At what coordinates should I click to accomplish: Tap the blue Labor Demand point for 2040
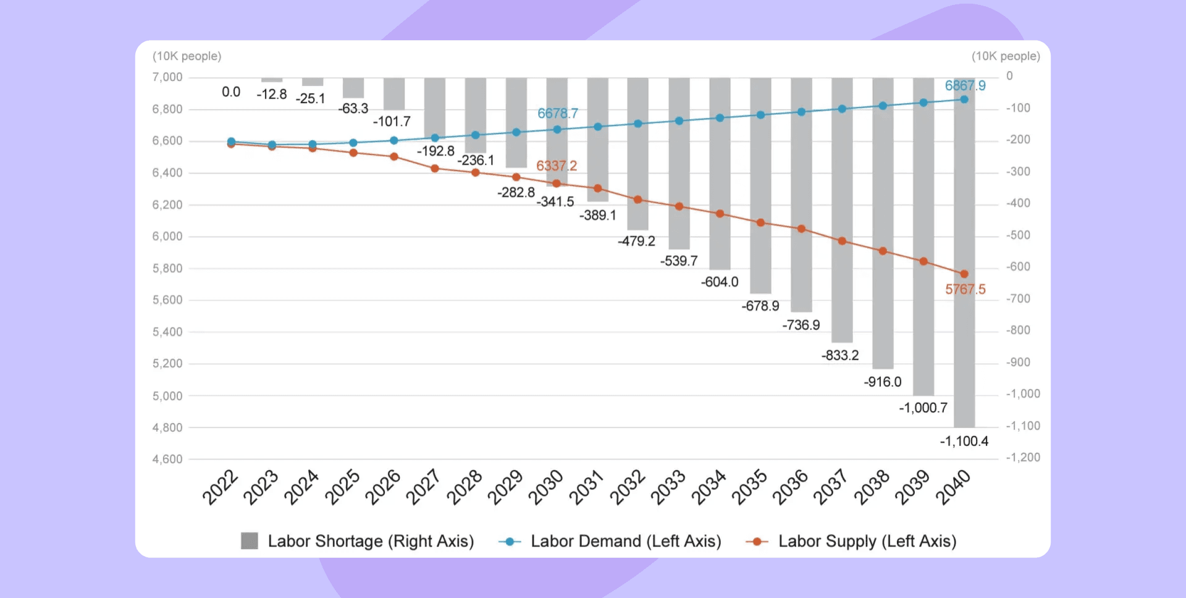[964, 99]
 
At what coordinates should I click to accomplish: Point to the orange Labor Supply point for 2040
[964, 274]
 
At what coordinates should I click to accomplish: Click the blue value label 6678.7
[557, 114]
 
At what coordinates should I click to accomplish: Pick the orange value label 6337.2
[556, 166]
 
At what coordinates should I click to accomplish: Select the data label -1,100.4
[964, 441]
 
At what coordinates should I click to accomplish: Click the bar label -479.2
[636, 242]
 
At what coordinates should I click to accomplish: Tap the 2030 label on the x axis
[545, 487]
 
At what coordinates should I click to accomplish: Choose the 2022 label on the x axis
[220, 487]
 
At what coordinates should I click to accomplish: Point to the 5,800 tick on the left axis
[167, 269]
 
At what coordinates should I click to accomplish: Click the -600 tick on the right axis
[1018, 267]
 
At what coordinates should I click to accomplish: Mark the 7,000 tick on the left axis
[167, 77]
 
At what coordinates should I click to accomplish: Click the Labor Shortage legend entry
[358, 541]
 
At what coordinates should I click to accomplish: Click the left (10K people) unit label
[187, 56]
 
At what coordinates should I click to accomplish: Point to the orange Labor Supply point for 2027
[435, 168]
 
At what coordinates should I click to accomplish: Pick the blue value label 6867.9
[965, 86]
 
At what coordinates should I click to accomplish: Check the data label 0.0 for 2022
[231, 92]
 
